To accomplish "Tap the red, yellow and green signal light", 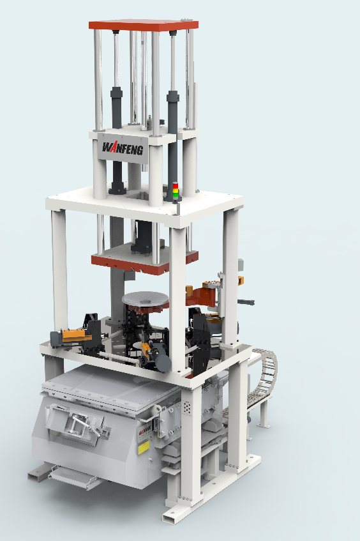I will [176, 191].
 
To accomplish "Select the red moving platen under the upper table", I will [144, 261].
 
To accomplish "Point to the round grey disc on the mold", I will [146, 298].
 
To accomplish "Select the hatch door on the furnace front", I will [80, 422].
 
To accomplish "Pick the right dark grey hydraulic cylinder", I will [172, 115].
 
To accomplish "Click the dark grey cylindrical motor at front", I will [163, 363].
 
